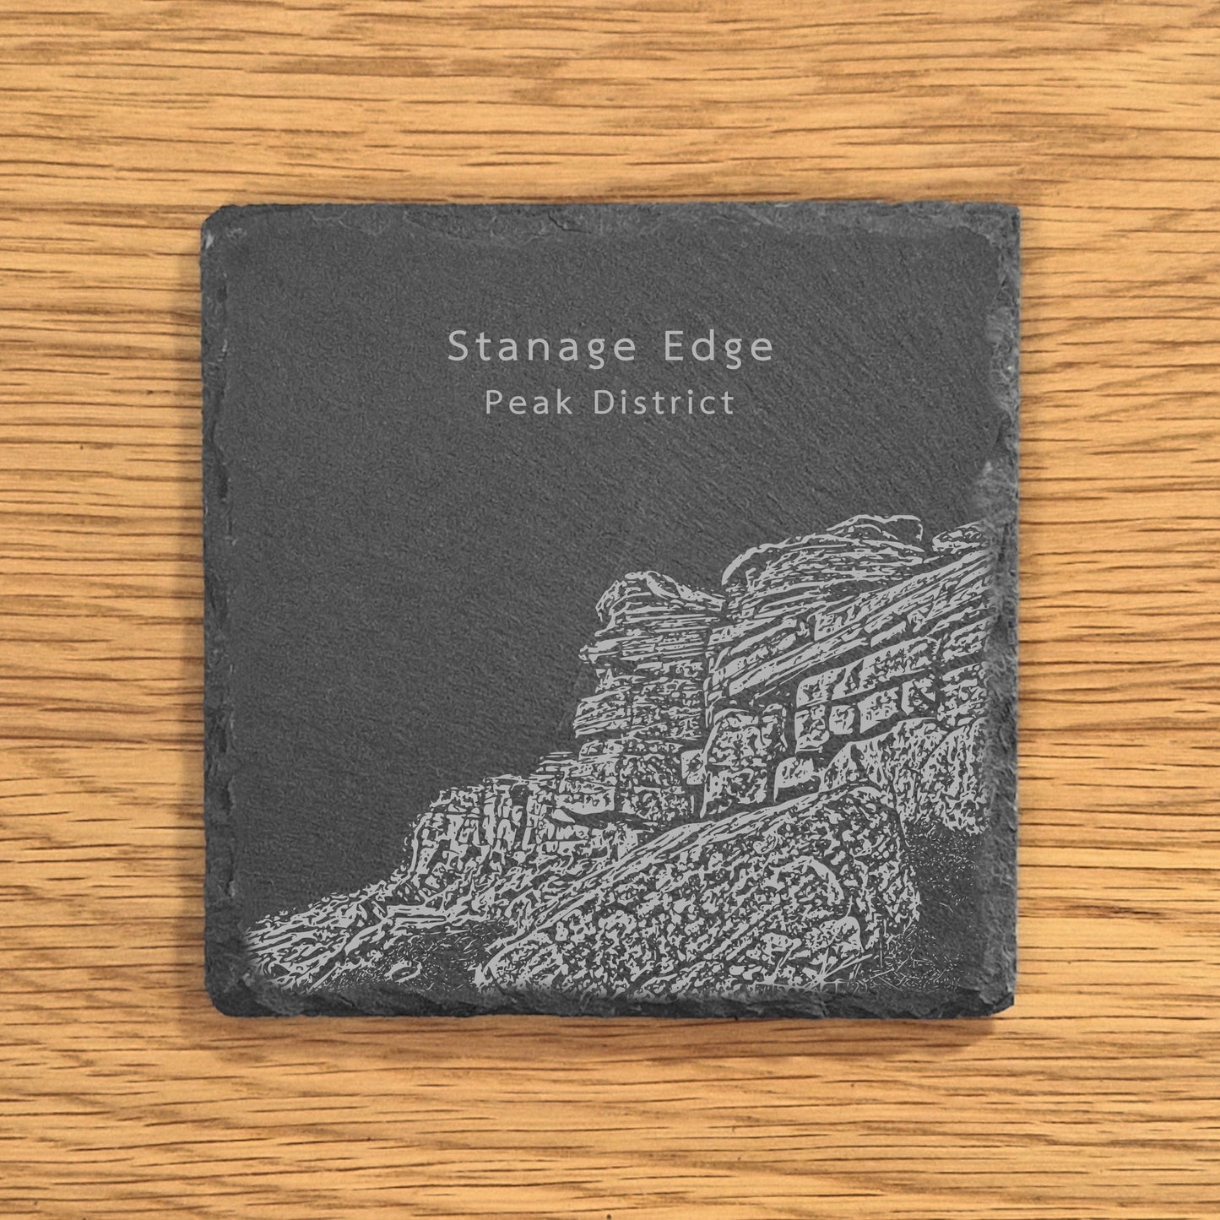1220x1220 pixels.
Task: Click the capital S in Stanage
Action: [x=458, y=346]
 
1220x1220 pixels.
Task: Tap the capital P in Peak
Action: [x=492, y=404]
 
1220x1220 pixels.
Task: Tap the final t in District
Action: [x=728, y=404]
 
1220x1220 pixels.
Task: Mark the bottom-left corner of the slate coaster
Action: [x=209, y=1010]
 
